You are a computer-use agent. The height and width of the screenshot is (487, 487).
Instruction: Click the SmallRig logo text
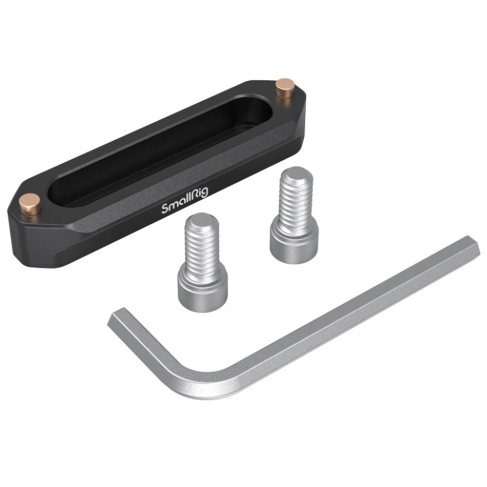(185, 201)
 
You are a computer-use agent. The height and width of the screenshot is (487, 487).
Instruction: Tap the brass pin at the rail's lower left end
(30, 204)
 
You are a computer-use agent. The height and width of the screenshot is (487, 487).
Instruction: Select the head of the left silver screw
(203, 290)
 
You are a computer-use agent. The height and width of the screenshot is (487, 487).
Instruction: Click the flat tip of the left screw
(202, 221)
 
